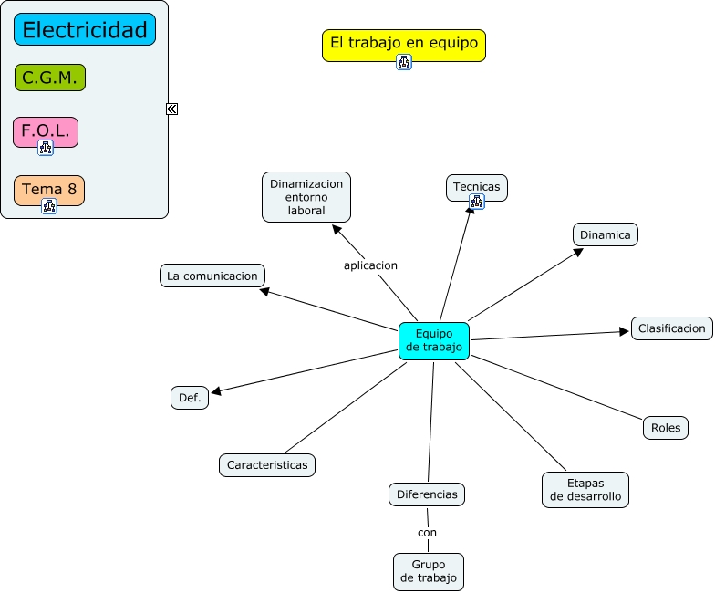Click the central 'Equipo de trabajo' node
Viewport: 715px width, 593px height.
coord(434,341)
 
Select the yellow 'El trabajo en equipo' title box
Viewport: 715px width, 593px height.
coord(403,46)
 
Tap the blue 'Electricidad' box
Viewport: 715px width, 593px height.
coord(85,29)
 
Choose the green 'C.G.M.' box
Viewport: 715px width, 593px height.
coord(50,78)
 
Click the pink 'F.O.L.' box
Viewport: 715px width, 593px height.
coord(46,132)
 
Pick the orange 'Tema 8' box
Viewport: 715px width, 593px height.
coord(49,190)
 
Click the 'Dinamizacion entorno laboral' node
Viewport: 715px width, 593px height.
coord(306,197)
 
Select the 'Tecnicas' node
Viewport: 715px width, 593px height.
coord(476,188)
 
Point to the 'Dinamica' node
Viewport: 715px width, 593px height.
coord(606,235)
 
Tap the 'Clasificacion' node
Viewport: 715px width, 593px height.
coord(671,328)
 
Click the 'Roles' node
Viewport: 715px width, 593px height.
coord(666,428)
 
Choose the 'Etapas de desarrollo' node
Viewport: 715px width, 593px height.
coord(585,490)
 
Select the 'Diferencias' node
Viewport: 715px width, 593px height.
coord(427,494)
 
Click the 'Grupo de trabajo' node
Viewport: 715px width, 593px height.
coord(429,571)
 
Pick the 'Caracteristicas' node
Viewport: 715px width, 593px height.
coord(267,465)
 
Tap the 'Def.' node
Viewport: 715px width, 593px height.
coord(190,398)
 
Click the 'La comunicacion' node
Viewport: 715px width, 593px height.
coord(212,276)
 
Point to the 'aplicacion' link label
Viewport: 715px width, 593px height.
coord(370,265)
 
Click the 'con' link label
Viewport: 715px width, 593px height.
coord(427,533)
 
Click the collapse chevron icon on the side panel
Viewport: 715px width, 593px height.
coord(171,109)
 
